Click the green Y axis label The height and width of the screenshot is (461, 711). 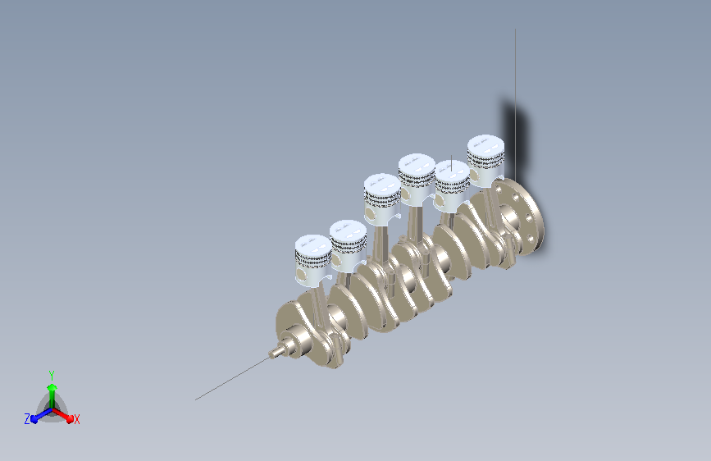(52, 375)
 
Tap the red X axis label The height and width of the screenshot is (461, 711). (76, 419)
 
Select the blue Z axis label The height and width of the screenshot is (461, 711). (27, 419)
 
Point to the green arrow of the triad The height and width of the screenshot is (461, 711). (52, 395)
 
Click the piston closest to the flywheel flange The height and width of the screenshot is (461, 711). (485, 160)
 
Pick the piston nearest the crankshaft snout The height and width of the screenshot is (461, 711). (313, 261)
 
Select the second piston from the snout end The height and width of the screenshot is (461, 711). (348, 246)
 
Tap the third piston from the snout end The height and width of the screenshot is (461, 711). (382, 199)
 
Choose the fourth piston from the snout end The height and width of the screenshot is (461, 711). (417, 180)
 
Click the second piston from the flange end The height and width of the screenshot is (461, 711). (452, 186)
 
